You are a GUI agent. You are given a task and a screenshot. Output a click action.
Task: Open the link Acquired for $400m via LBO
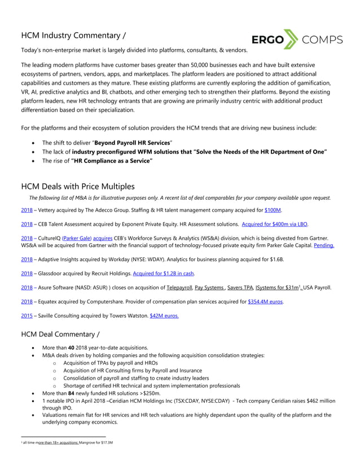(275, 224)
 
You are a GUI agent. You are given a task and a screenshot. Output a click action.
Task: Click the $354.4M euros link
(265, 302)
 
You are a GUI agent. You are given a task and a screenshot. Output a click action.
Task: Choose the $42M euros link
(163, 316)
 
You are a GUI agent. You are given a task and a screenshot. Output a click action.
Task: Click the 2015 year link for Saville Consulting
(27, 316)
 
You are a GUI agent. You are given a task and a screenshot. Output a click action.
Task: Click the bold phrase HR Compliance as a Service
(112, 161)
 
